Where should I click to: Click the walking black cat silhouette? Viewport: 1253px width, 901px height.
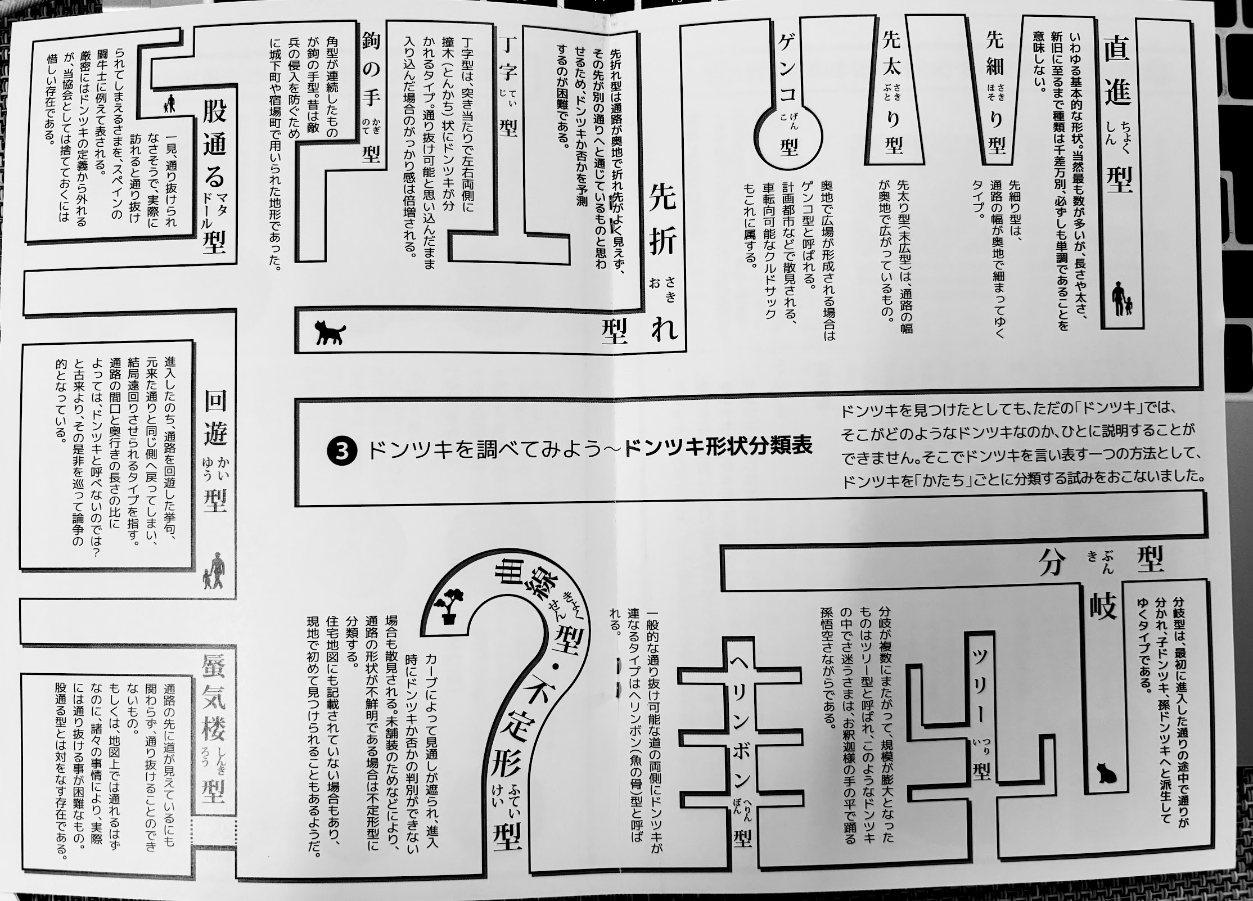tap(330, 332)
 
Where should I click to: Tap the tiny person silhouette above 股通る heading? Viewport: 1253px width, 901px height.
tap(169, 104)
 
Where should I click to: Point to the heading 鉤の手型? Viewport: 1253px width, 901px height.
tap(371, 99)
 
